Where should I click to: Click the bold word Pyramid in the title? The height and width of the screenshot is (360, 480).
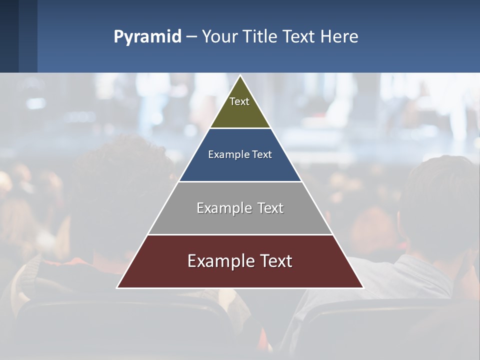click(x=147, y=37)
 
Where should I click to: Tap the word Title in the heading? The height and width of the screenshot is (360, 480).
click(x=260, y=37)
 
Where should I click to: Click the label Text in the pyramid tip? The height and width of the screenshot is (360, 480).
click(x=239, y=101)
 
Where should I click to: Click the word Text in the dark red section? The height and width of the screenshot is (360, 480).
click(x=275, y=261)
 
